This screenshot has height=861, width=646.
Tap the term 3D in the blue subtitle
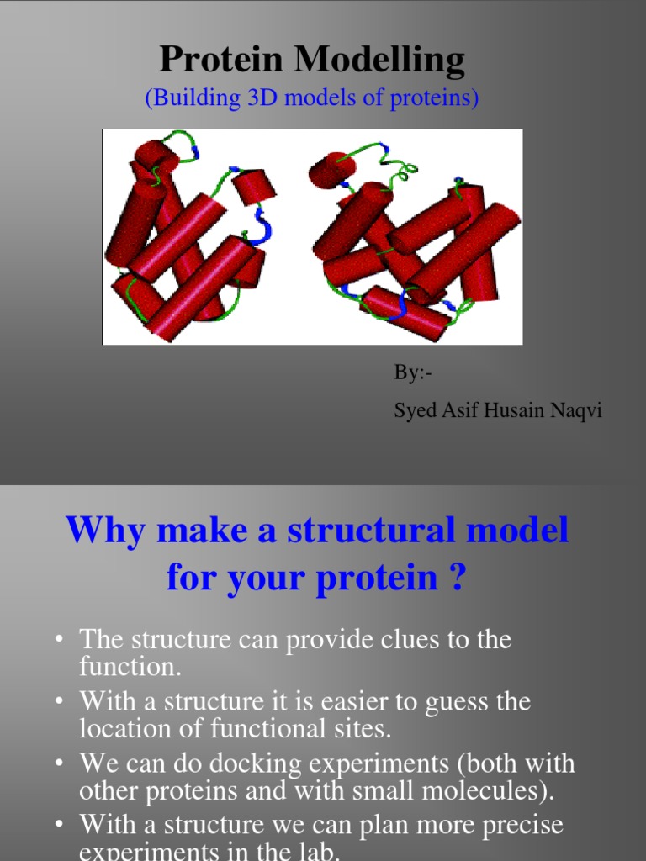[267, 98]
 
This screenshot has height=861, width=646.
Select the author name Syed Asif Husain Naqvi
[498, 411]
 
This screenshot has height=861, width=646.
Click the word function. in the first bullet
[118, 667]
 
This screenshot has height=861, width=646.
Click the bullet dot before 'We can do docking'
[60, 763]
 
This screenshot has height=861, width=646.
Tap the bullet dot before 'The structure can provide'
[60, 640]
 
